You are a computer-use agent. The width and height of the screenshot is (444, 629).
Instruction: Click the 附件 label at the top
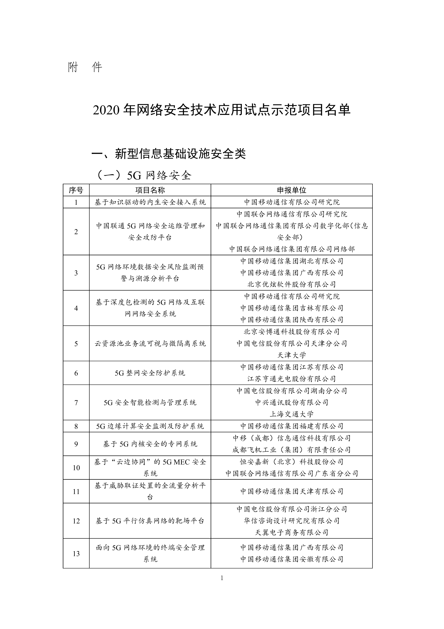pos(85,67)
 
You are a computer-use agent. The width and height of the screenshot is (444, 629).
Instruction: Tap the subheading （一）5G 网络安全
pos(144,175)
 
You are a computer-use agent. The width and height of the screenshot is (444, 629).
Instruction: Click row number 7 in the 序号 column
pos(76,402)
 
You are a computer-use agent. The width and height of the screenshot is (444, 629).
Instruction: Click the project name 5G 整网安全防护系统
pos(150,373)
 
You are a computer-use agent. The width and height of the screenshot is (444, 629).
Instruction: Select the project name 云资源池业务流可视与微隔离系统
pos(150,344)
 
